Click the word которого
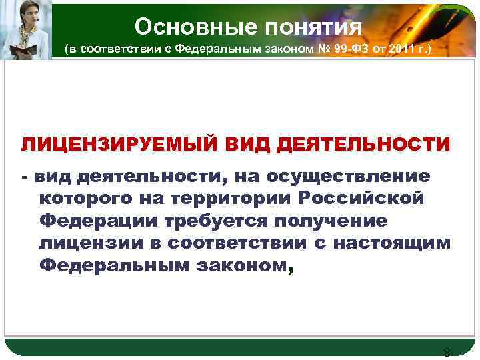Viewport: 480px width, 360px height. [x=89, y=198]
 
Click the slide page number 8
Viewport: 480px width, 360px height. [x=447, y=353]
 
